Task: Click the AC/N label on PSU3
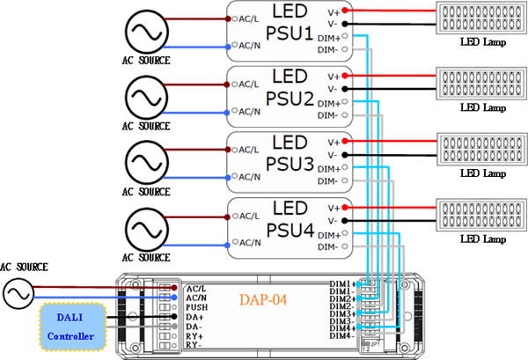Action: (250, 175)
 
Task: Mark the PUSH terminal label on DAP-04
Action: (196, 307)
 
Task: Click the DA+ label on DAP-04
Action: (194, 317)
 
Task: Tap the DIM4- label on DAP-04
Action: (341, 335)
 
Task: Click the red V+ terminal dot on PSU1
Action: (345, 11)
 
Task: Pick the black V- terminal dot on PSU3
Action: (345, 154)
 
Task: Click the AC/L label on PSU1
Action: (250, 18)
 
